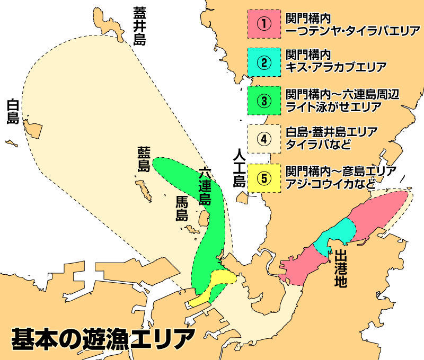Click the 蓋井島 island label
139,25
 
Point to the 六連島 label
205,186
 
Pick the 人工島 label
240,168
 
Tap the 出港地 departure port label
341,268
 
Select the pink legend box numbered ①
263,24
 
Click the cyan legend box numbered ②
263,62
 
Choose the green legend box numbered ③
263,100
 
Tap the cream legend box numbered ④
263,139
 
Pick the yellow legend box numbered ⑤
263,177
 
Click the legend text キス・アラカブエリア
335,67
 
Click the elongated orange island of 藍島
144,190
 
